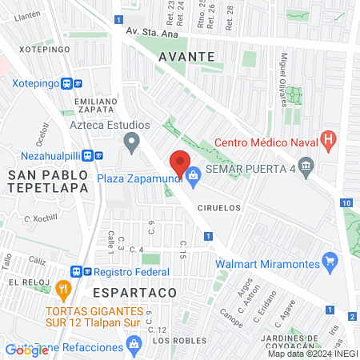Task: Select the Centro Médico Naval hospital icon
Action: pos(327,140)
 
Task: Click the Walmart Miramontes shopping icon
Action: pos(328,261)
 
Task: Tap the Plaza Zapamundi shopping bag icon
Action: pos(194,172)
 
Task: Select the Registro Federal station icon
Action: pos(78,271)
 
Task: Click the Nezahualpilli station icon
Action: pos(97,156)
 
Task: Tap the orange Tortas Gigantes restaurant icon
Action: pos(63,288)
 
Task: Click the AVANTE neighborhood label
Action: pos(186,57)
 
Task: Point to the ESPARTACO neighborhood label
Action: pos(140,294)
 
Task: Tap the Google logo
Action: pos(26,350)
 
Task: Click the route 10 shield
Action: pos(347,203)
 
